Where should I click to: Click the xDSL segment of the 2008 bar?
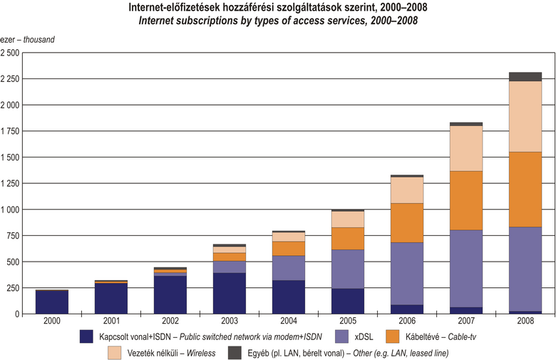526,269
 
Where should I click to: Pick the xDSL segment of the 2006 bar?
407,274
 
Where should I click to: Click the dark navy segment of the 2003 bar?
230,293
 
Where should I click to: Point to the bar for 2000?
52,302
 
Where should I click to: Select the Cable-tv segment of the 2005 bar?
348,238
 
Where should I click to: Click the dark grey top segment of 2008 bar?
526,76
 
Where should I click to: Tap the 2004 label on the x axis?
289,322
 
